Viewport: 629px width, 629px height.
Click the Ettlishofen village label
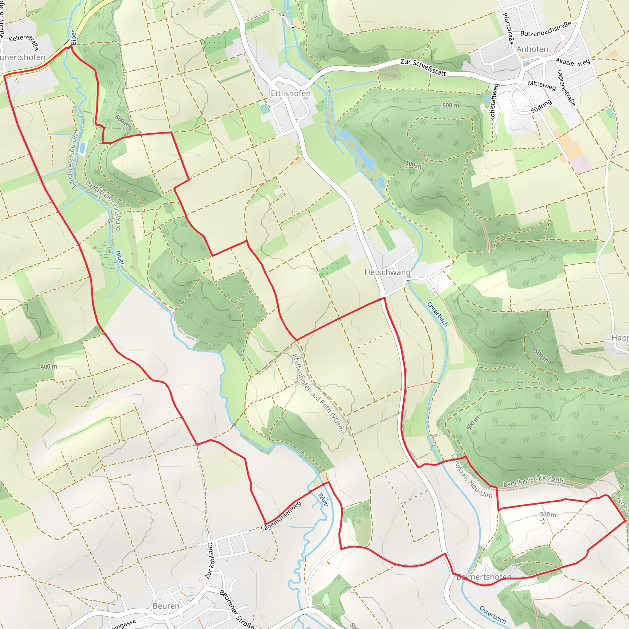[x=291, y=93]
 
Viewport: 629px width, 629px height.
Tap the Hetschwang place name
[x=387, y=272]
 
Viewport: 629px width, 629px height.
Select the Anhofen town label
[x=532, y=49]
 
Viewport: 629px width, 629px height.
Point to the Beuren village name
[x=166, y=606]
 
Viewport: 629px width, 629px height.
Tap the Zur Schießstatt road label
[x=423, y=67]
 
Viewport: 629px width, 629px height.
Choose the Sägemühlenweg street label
[x=281, y=517]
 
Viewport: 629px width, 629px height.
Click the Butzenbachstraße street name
[x=546, y=29]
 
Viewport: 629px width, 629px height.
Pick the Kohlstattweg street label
[x=494, y=102]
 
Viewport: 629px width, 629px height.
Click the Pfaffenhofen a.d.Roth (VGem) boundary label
[x=318, y=393]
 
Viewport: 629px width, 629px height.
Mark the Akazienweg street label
[x=573, y=62]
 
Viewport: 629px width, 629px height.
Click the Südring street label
[x=541, y=107]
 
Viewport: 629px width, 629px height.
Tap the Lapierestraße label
[x=566, y=88]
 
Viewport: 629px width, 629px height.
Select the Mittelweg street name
[x=542, y=85]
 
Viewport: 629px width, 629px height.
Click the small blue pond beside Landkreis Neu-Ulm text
[x=82, y=148]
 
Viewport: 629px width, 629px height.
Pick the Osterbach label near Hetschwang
[x=438, y=314]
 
